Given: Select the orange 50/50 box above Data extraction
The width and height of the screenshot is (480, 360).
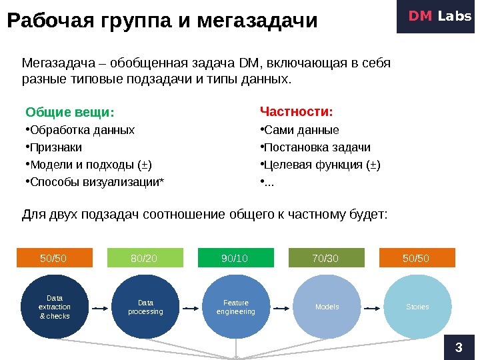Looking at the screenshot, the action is pyautogui.click(x=53, y=258).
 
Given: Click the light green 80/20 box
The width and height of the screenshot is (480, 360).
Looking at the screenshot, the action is pyautogui.click(x=144, y=258).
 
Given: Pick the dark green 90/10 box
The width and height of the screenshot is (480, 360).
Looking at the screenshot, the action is pyautogui.click(x=235, y=258).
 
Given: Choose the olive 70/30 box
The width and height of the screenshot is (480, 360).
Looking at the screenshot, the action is pyautogui.click(x=327, y=258).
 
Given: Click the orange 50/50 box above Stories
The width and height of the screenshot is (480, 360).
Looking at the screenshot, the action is pyautogui.click(x=417, y=258).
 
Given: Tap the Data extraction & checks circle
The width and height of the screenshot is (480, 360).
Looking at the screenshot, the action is pyautogui.click(x=55, y=307).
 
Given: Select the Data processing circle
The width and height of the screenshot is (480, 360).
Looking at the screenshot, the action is pyautogui.click(x=145, y=307).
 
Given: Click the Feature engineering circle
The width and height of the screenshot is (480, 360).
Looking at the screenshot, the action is pyautogui.click(x=236, y=307).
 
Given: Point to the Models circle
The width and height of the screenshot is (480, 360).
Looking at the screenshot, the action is pyautogui.click(x=327, y=307).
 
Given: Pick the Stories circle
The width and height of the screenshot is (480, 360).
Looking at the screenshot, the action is pyautogui.click(x=417, y=307).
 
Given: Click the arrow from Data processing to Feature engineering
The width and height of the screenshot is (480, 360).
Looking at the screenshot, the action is pyautogui.click(x=191, y=308).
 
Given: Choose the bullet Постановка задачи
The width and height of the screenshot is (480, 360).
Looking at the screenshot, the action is pyautogui.click(x=317, y=147).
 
